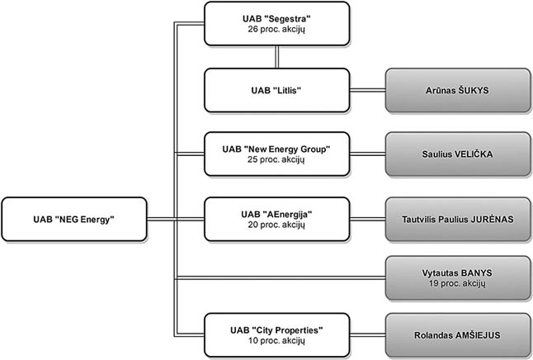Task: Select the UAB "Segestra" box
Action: coord(276,23)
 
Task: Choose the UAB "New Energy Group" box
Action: coord(276,154)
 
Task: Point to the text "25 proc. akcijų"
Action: coord(276,160)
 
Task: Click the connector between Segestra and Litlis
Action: coord(276,57)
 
